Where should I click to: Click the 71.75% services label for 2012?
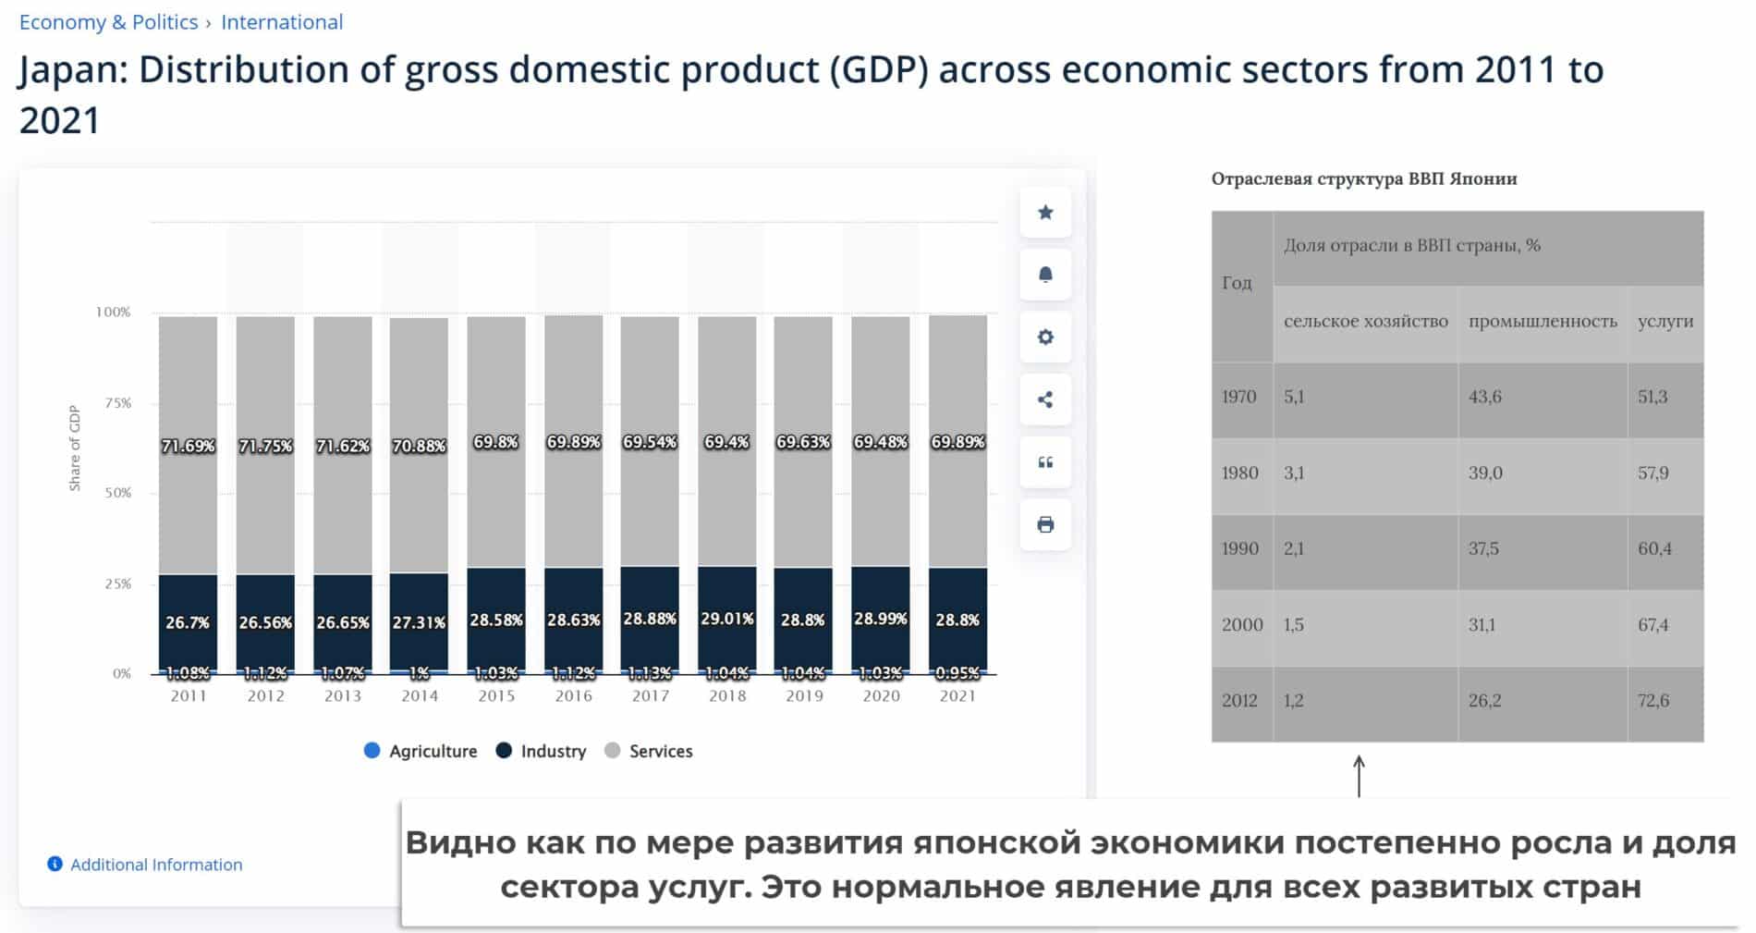tap(265, 446)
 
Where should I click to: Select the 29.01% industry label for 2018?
tap(727, 618)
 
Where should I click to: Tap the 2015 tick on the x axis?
tap(496, 695)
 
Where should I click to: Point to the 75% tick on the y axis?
tap(118, 402)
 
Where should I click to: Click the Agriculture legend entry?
tap(421, 751)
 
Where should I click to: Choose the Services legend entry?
tap(649, 751)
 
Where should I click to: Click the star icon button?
tap(1045, 213)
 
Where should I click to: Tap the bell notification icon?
tap(1045, 275)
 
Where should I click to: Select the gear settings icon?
tap(1045, 338)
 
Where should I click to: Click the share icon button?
tap(1045, 399)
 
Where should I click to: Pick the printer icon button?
tap(1045, 524)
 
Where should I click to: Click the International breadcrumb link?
tap(282, 22)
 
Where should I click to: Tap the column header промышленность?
tap(1543, 321)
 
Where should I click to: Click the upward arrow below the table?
tap(1359, 776)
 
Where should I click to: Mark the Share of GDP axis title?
tap(75, 448)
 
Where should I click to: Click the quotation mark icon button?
tap(1045, 462)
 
